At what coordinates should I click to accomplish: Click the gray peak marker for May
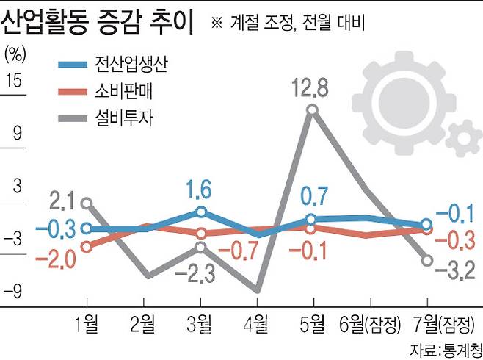[x=313, y=109]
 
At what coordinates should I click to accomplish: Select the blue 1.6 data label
[x=200, y=190]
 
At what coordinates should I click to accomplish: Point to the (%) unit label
[x=16, y=53]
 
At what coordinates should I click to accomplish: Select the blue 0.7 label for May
[x=313, y=197]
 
